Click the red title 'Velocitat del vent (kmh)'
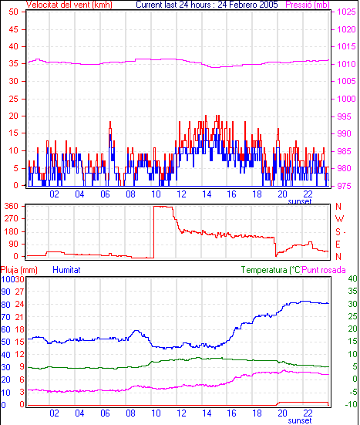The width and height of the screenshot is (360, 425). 69,5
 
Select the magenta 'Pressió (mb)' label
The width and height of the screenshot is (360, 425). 308,5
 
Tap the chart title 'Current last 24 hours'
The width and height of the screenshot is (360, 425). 173,5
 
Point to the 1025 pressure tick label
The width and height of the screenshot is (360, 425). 346,12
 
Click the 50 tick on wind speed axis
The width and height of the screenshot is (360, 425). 14,12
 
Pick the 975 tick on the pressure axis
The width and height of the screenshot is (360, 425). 344,186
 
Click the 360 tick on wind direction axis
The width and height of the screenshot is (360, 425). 11,206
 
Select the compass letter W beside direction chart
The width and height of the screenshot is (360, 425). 339,219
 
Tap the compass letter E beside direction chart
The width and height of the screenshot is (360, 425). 338,245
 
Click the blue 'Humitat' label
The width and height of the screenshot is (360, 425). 66,270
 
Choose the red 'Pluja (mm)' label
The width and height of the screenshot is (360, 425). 19,270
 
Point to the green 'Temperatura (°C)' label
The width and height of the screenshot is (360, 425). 271,270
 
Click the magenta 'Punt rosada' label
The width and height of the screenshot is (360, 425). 324,270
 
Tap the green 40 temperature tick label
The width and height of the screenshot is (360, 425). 353,278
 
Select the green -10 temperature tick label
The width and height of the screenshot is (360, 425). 352,404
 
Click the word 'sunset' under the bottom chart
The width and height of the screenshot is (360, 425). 300,420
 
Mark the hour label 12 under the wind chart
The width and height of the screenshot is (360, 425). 181,194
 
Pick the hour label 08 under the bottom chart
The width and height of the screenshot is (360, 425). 130,413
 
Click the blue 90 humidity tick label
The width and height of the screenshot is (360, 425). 5,292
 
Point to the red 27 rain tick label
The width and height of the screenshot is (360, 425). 19,292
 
